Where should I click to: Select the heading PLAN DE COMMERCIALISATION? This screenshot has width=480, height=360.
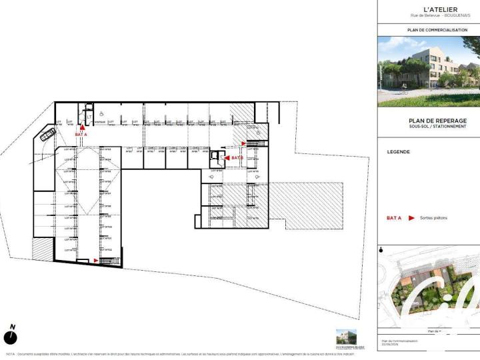[x=428, y=30]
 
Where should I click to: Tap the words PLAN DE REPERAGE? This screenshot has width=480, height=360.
[x=428, y=121]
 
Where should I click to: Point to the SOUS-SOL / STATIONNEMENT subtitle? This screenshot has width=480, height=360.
[x=428, y=127]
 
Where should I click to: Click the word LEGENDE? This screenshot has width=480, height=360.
[x=399, y=152]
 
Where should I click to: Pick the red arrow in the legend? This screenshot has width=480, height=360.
[x=412, y=218]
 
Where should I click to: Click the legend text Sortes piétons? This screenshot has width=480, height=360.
[x=435, y=218]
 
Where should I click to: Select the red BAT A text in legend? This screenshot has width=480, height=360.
[x=393, y=218]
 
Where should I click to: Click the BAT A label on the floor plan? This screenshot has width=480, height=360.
[x=81, y=135]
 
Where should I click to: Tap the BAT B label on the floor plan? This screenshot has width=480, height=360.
[x=237, y=158]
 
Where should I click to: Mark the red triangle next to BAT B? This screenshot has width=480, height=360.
[x=227, y=158]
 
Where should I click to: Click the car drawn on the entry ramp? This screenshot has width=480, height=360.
[x=47, y=135]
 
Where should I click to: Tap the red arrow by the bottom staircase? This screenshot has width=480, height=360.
[x=97, y=261]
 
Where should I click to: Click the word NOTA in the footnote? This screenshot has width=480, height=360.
[x=10, y=354]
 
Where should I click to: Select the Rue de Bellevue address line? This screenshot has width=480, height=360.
[x=428, y=15]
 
